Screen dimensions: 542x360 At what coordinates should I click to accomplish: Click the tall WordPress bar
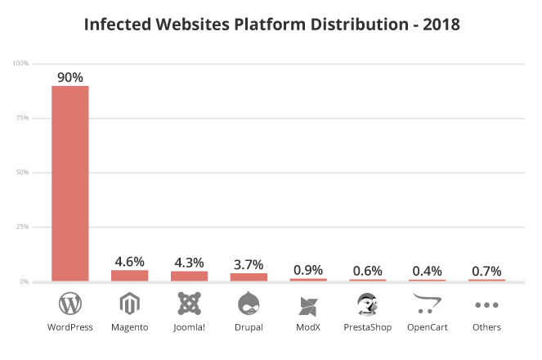tap(70, 183)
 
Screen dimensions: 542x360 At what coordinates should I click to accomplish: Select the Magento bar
tap(130, 276)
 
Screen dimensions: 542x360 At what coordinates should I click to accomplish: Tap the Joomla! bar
tap(189, 276)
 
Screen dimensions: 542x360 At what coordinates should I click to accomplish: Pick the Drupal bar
tap(249, 277)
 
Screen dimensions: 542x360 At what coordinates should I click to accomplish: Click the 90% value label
tap(70, 77)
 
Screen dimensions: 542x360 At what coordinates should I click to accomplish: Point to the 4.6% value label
tap(130, 262)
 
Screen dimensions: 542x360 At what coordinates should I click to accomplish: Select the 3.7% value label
tap(249, 265)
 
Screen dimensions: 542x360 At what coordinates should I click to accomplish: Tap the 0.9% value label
tap(308, 270)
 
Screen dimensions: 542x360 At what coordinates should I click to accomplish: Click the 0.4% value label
tap(428, 271)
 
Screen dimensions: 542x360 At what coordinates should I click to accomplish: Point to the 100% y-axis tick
tap(20, 63)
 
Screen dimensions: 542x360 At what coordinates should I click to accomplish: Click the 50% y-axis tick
tap(22, 172)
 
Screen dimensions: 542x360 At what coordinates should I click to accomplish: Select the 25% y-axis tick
tap(22, 227)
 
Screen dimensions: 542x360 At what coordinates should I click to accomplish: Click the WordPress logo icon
tap(70, 304)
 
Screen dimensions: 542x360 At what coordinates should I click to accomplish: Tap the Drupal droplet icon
tap(249, 303)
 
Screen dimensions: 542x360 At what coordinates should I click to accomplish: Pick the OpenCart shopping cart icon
tap(427, 304)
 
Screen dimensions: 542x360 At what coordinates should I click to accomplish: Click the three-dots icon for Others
tap(486, 305)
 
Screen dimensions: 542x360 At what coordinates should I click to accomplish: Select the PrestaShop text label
tap(367, 327)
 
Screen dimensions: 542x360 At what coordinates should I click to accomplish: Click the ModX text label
tap(308, 327)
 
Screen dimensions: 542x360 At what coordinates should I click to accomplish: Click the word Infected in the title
tap(118, 25)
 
